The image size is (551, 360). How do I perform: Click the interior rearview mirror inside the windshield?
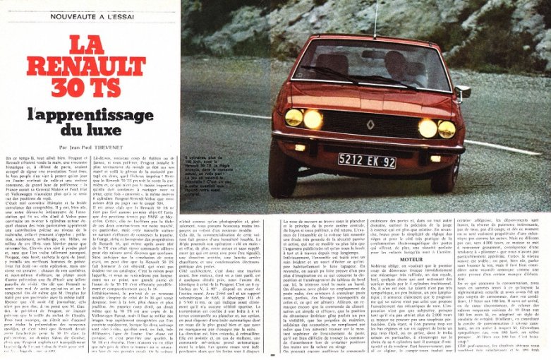(x=373, y=54)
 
